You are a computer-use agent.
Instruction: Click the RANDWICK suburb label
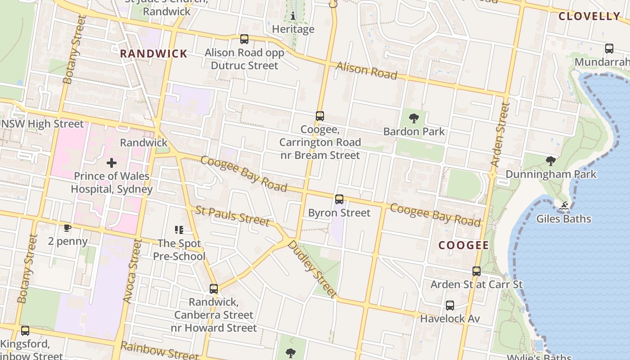click(x=153, y=54)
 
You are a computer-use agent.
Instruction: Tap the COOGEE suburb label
click(x=463, y=245)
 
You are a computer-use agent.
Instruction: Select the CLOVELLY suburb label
click(x=589, y=16)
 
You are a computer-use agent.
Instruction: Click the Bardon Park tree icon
click(x=414, y=119)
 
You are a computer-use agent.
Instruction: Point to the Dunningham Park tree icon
click(x=550, y=161)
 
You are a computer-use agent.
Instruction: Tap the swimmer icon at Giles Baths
click(x=564, y=206)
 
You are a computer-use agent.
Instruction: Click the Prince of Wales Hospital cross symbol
click(x=112, y=163)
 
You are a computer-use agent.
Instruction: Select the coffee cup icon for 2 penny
click(x=67, y=228)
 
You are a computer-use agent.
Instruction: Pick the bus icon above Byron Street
click(x=339, y=199)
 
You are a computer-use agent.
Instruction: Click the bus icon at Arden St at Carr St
click(x=477, y=271)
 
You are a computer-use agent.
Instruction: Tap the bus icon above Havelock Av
click(x=450, y=306)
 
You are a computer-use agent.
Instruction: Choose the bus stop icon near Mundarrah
click(x=609, y=49)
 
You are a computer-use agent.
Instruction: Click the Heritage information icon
click(x=293, y=16)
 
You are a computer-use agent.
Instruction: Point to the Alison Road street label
click(x=367, y=71)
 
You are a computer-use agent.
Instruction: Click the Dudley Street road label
click(x=312, y=269)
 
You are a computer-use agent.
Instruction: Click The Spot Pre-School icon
click(x=179, y=230)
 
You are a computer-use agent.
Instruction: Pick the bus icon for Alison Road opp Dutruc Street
click(x=244, y=39)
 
